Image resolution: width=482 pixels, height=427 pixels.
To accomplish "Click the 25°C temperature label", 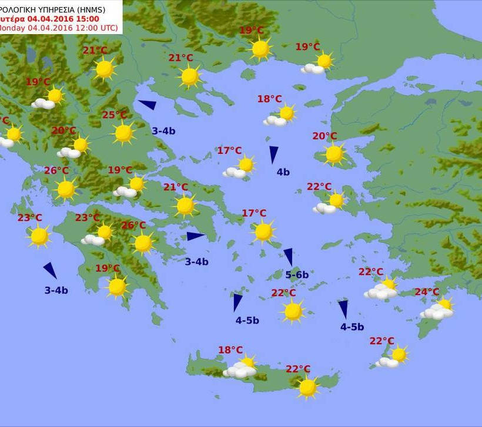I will (x=114, y=115).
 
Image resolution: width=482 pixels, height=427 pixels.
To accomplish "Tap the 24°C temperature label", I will (x=427, y=292).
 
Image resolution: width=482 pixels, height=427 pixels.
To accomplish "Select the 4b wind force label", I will (x=283, y=172).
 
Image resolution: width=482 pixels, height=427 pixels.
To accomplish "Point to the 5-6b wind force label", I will (x=297, y=274).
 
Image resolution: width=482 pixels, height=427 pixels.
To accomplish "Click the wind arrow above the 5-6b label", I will (x=288, y=257).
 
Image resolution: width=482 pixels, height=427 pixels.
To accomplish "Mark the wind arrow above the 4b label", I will (x=273, y=154).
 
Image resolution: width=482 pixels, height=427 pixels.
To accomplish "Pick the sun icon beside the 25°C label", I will (x=123, y=133).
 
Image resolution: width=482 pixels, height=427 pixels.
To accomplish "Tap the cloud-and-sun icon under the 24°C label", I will (x=438, y=309).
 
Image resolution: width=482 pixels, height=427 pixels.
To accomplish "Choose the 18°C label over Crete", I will (x=230, y=350).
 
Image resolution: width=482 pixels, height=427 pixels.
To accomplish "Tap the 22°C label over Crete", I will (x=298, y=369).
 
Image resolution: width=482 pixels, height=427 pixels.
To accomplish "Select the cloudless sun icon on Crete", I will (x=307, y=387).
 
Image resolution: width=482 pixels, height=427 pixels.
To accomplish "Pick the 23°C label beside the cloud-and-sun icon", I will (x=87, y=218).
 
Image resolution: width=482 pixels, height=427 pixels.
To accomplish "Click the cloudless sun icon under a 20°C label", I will (x=334, y=154).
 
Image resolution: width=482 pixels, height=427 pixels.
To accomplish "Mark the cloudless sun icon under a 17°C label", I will (x=263, y=231).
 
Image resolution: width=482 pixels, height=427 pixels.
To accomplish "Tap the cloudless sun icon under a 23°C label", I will (x=39, y=236).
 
